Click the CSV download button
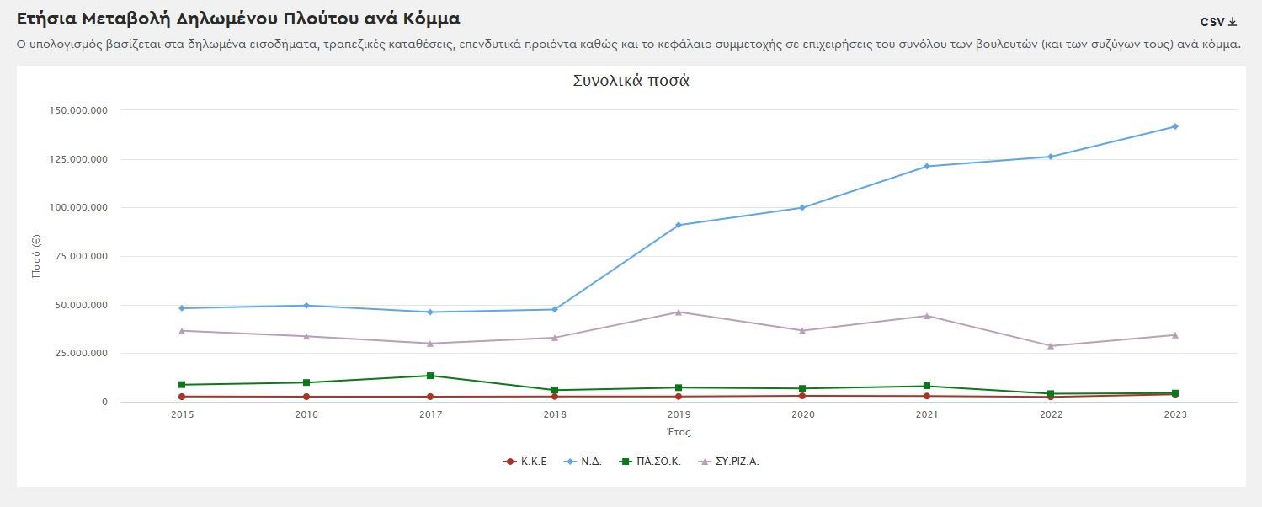1218,22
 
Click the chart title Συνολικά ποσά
631,82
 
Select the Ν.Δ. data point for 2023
1174,126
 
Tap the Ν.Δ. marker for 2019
678,225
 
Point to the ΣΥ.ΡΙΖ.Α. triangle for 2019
678,312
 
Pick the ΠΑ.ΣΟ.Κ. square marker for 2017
430,376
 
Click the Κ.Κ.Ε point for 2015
182,397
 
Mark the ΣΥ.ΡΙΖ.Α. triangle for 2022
1051,345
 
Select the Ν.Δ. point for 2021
926,166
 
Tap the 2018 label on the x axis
555,414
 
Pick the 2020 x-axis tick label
802,414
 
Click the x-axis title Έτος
678,432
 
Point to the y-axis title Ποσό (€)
37,256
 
